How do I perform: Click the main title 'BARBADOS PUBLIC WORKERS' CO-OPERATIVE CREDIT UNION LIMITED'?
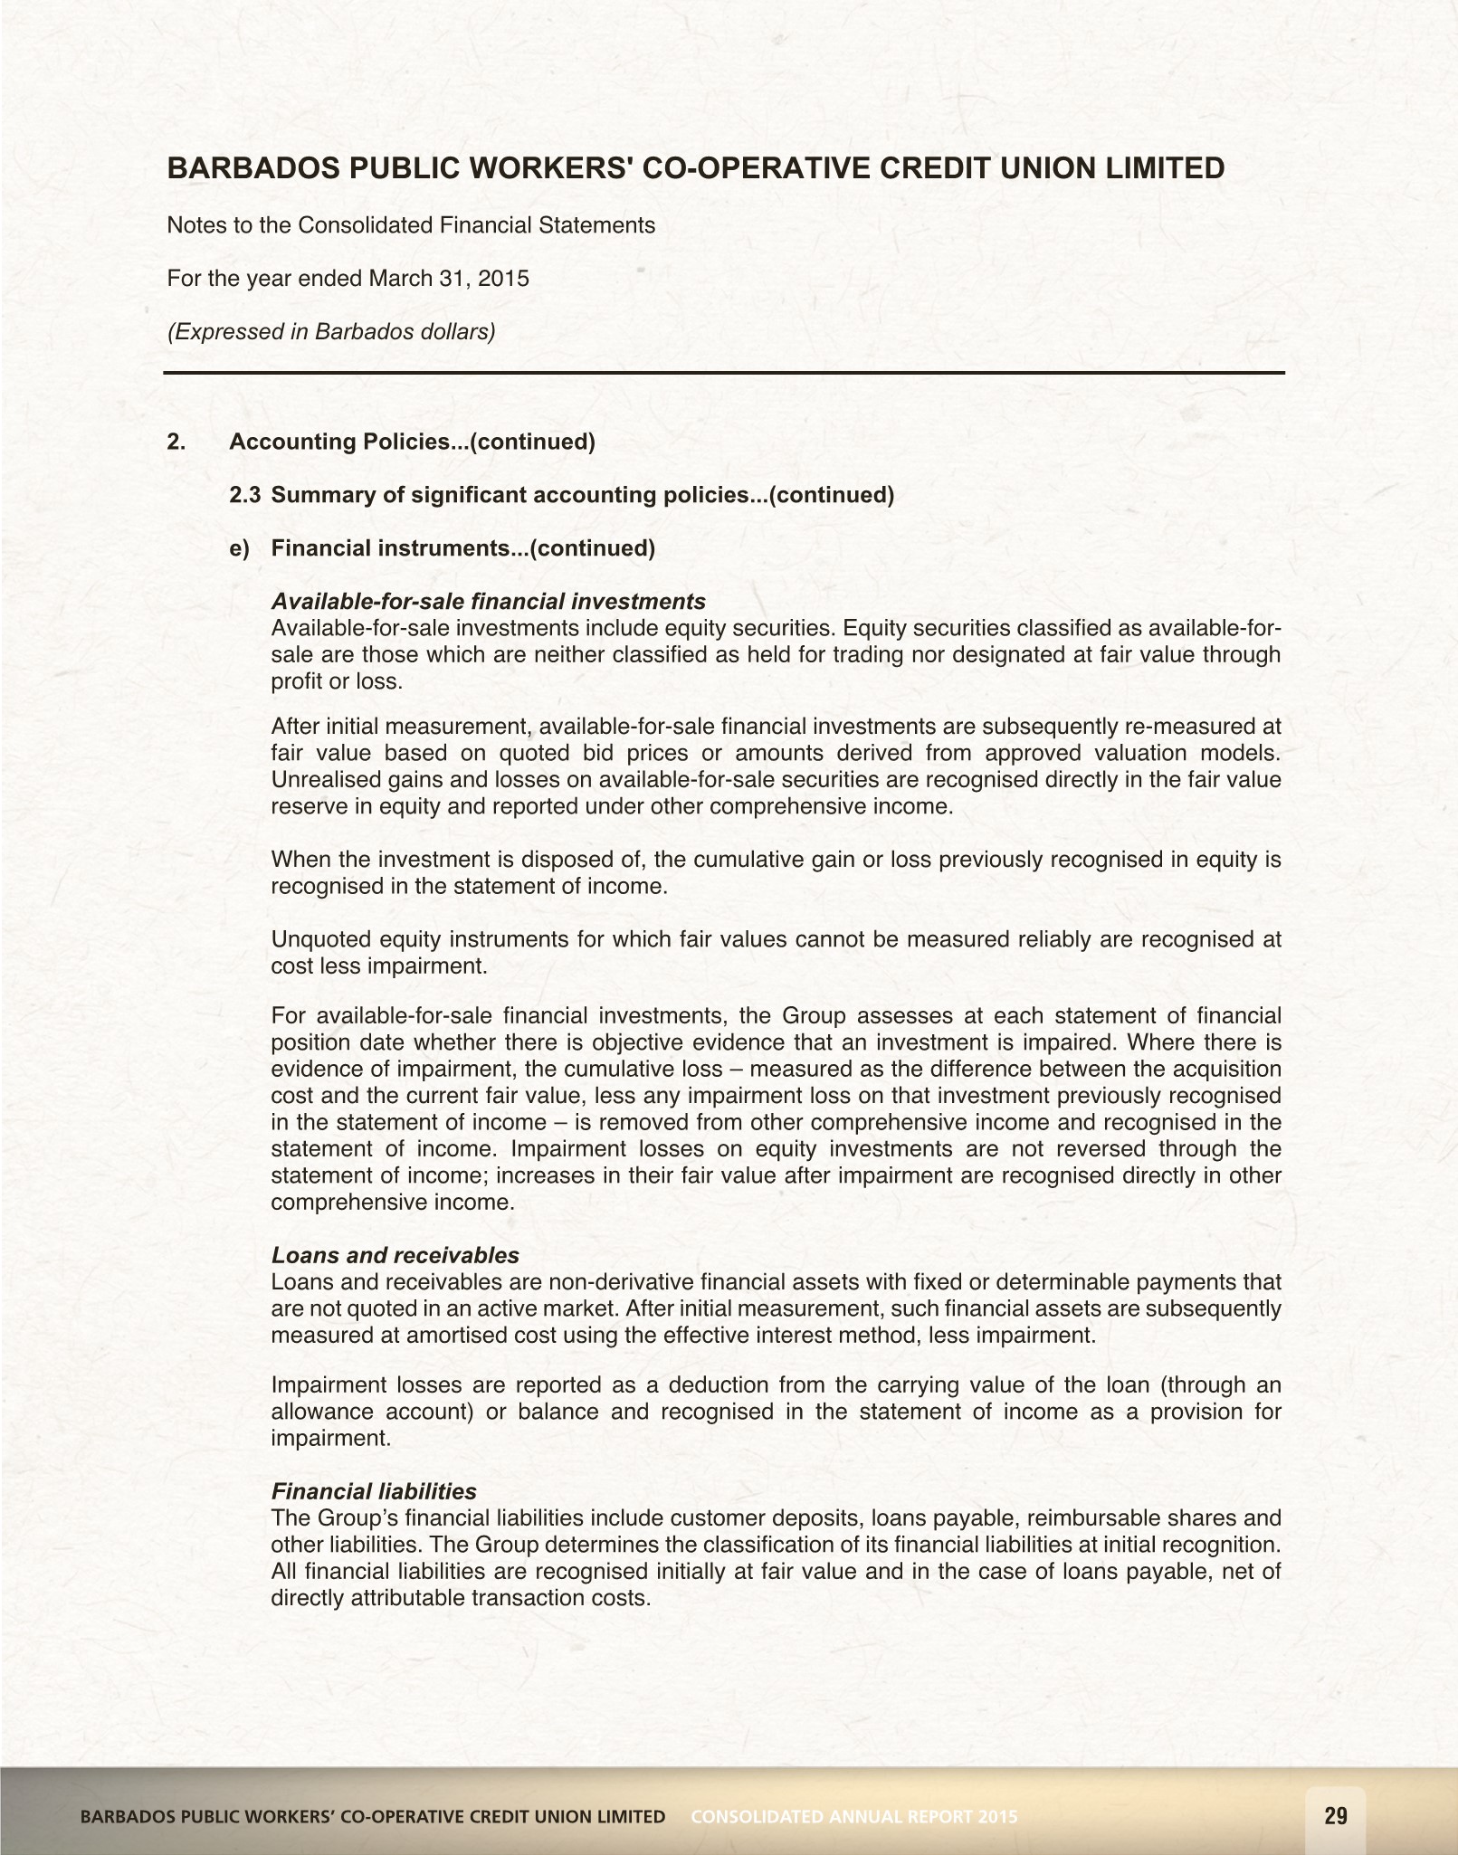[x=696, y=168]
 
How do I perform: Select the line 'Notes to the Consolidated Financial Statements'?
[x=411, y=225]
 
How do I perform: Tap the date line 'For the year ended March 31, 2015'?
[x=348, y=278]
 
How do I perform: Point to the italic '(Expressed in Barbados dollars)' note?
[x=331, y=331]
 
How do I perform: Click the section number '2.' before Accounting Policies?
[x=176, y=442]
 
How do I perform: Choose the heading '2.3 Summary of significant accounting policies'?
[x=561, y=495]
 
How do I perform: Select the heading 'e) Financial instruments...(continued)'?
[x=443, y=548]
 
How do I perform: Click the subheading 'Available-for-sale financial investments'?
[x=489, y=601]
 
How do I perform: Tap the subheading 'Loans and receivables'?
[x=395, y=1255]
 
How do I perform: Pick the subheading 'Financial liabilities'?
[x=374, y=1490]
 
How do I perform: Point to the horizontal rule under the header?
[x=724, y=373]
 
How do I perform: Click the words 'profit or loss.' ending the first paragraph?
[x=337, y=681]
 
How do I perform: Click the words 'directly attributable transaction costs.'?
[x=462, y=1597]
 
